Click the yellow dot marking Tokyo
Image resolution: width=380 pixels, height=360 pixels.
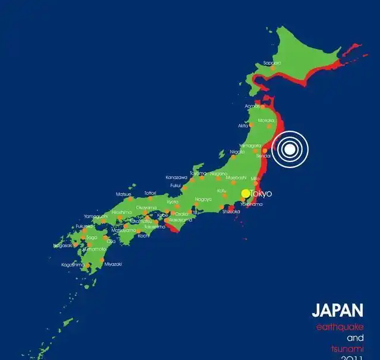245,194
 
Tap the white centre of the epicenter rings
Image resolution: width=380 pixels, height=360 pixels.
289,150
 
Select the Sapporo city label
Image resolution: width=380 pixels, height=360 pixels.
272,62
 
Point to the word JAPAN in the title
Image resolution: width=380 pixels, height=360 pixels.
337,310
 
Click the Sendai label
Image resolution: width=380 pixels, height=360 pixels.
263,156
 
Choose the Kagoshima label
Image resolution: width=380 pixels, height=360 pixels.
73,264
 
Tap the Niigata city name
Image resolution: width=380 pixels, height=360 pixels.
237,152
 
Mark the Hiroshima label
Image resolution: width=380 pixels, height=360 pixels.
122,212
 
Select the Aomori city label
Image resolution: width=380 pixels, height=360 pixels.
252,106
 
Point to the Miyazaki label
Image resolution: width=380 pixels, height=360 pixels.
113,264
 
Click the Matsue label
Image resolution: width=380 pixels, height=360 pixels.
123,194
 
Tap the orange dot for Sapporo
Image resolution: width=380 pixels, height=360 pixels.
273,68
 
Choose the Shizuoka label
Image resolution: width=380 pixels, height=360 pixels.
231,211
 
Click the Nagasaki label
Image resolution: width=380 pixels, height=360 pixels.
62,245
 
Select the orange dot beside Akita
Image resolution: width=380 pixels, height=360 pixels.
253,122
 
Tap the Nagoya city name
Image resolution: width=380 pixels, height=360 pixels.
203,199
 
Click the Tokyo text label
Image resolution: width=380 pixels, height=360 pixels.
261,194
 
